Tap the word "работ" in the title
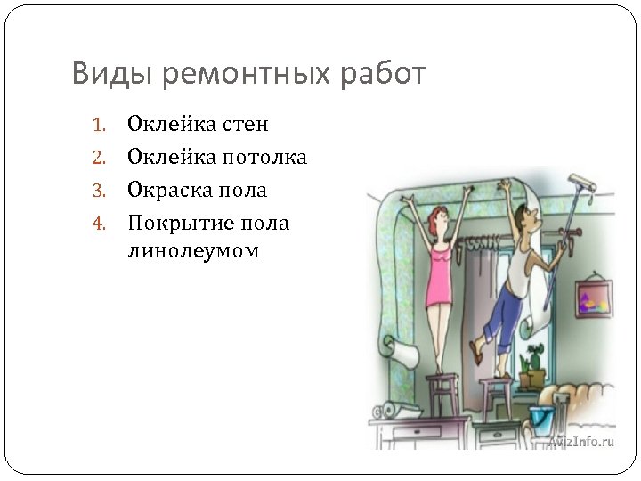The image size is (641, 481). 377,74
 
